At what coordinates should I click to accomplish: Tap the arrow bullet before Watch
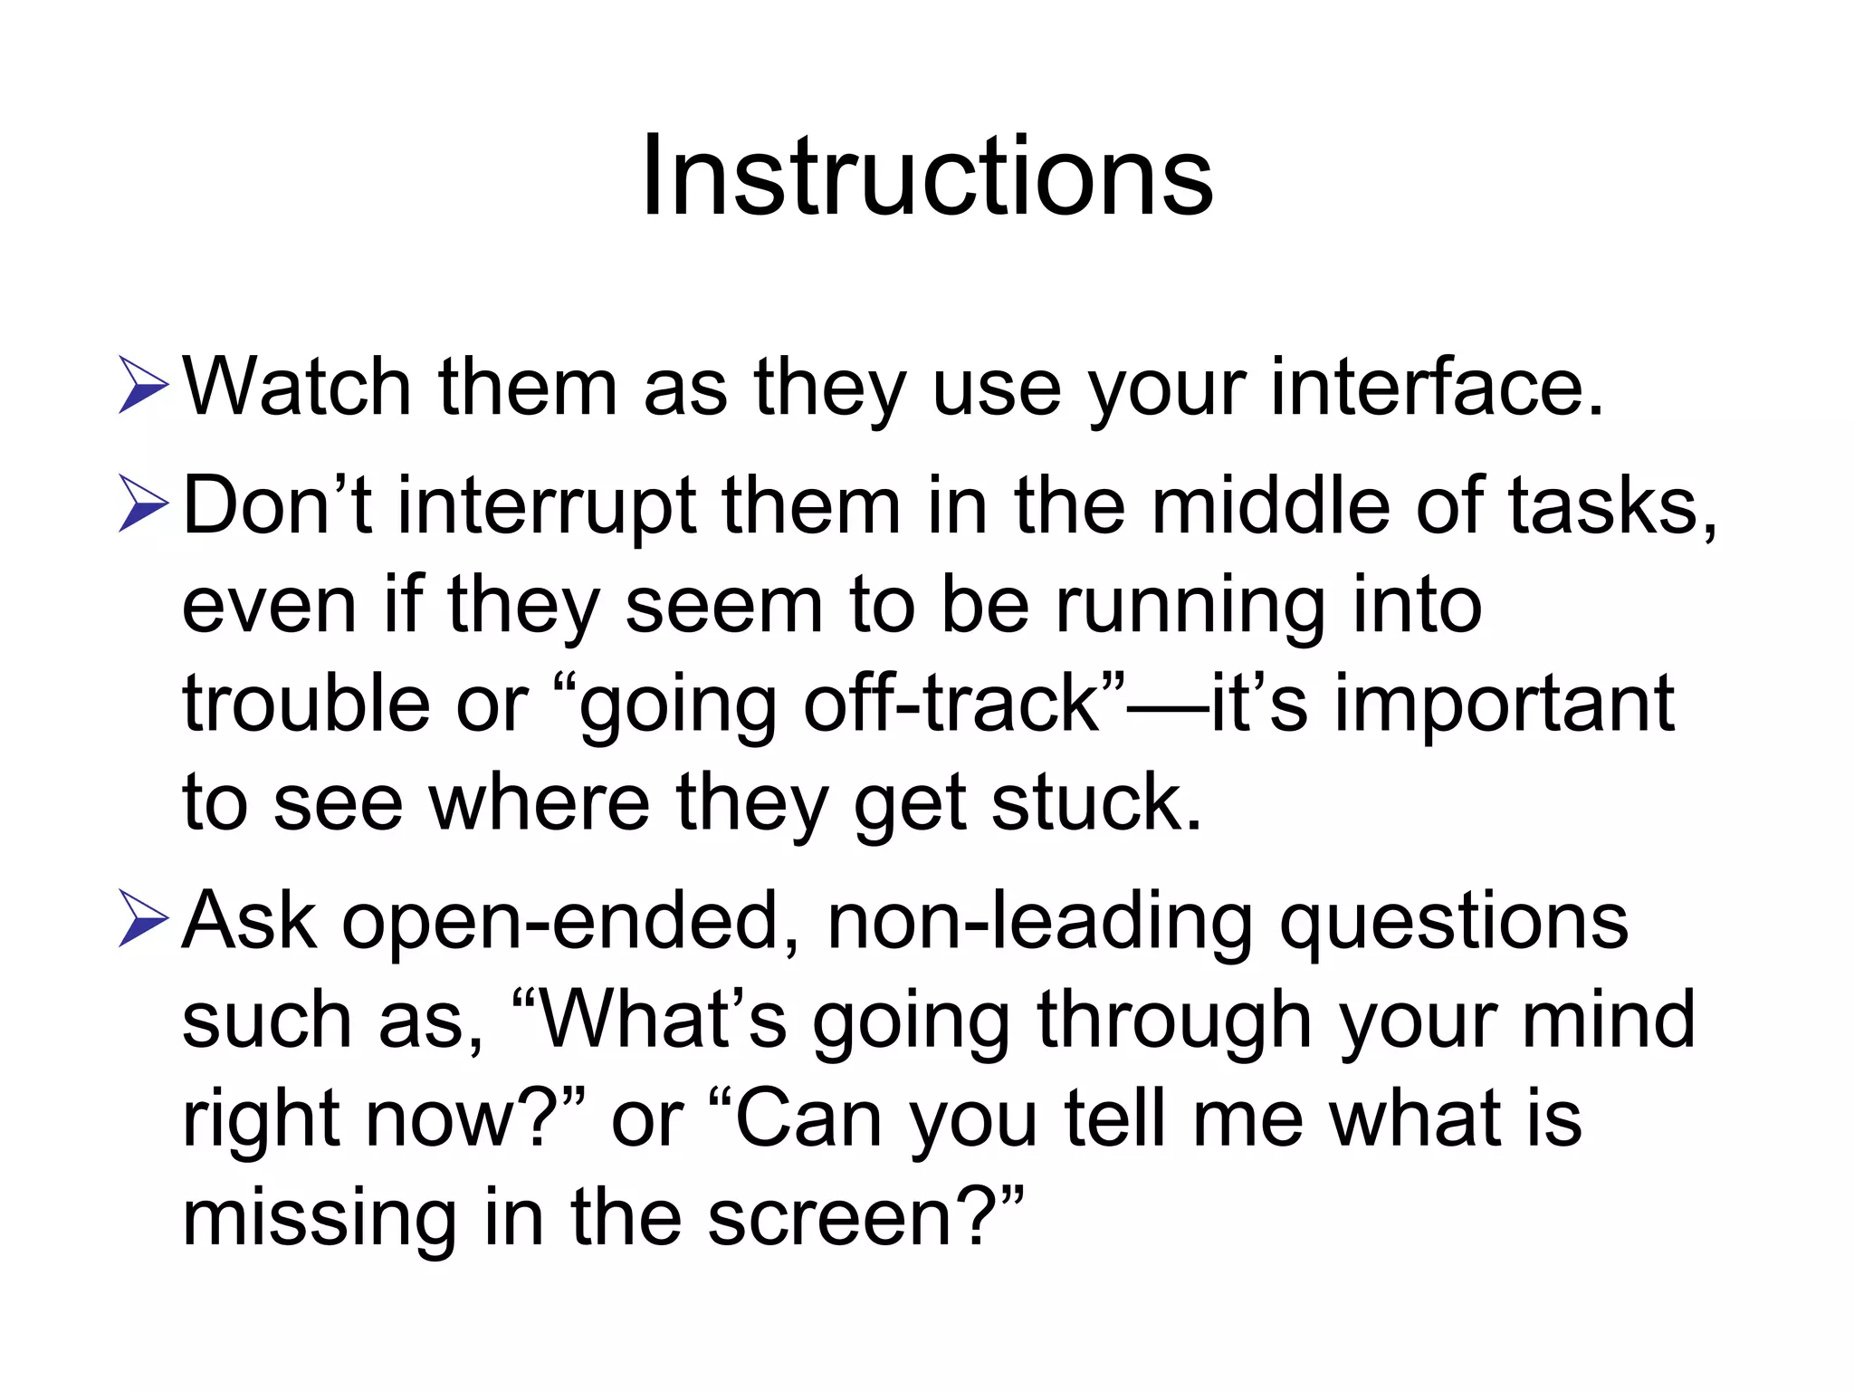[143, 387]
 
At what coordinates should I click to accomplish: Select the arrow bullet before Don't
[143, 505]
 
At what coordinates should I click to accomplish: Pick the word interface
[1436, 387]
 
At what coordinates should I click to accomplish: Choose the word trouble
[306, 704]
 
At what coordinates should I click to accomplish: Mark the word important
[1504, 705]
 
